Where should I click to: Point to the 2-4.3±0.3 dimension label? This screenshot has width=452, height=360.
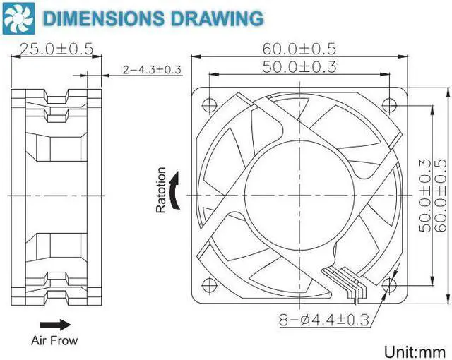point(152,69)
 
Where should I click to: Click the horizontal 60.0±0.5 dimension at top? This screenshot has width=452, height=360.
point(299,49)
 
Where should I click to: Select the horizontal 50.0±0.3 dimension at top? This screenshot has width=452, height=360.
point(299,67)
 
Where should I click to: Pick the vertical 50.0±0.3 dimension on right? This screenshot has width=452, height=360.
point(424,193)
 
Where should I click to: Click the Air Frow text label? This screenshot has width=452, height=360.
point(54,340)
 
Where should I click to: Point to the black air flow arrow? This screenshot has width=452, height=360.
point(61,325)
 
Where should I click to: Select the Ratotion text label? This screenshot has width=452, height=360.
point(161,191)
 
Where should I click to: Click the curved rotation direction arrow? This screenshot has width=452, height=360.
point(175,192)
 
